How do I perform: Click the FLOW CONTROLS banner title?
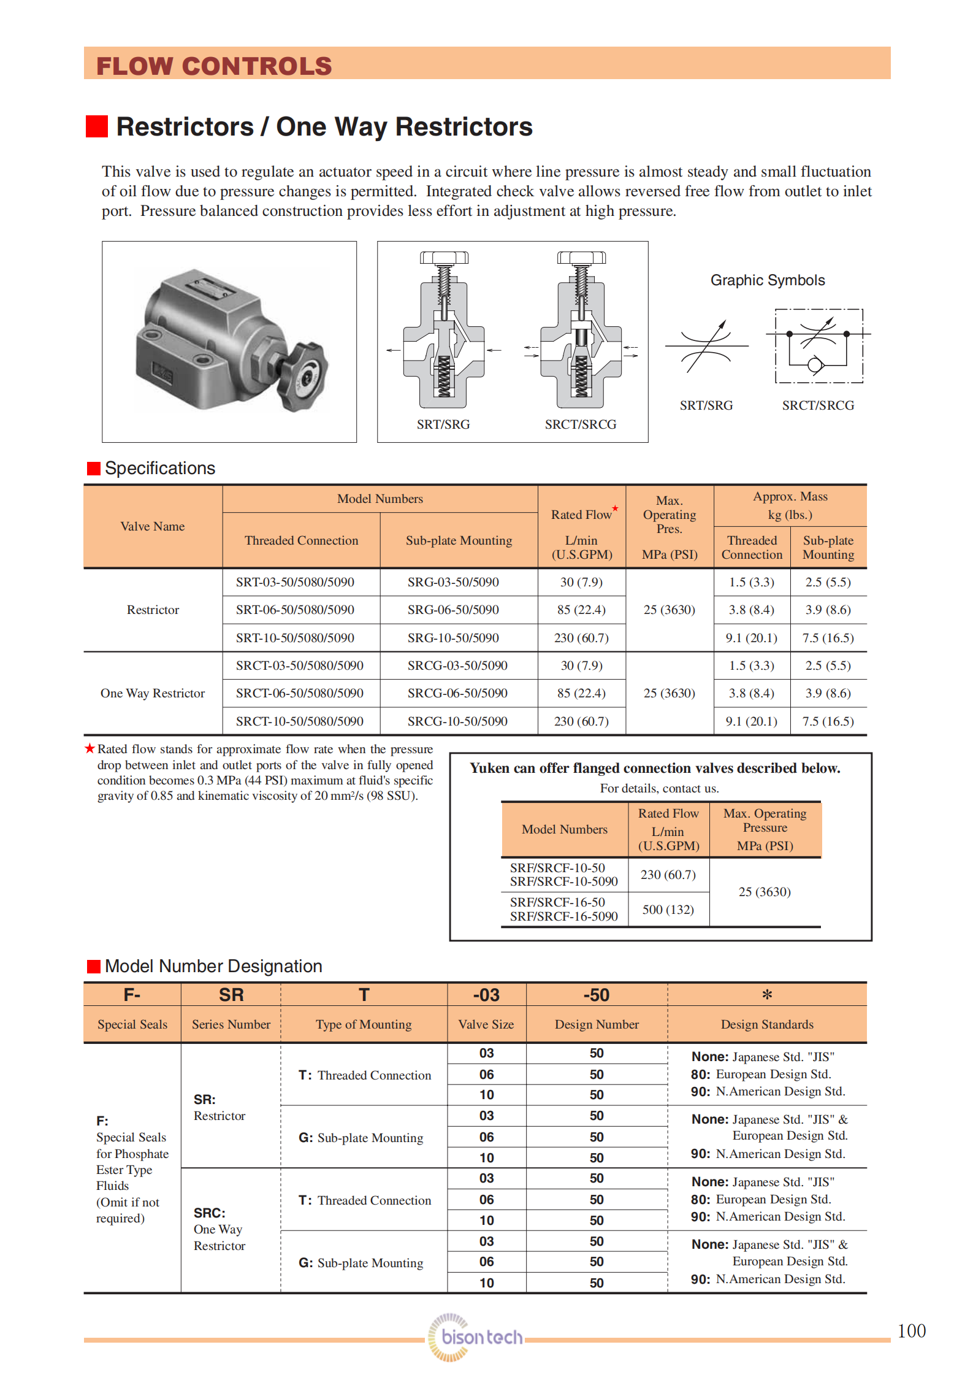click(214, 66)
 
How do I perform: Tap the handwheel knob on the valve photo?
click(303, 377)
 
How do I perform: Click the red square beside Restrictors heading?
click(97, 126)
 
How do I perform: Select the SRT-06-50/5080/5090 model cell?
click(295, 610)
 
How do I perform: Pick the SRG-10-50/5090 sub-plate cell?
click(453, 638)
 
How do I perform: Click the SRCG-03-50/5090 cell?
click(457, 665)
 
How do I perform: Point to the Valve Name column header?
click(153, 526)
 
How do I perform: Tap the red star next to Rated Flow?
click(615, 508)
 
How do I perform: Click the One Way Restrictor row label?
click(153, 693)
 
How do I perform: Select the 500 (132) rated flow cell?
click(668, 910)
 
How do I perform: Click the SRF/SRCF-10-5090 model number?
click(563, 881)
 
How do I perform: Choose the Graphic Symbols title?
click(768, 280)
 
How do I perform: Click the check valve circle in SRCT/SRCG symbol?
click(815, 366)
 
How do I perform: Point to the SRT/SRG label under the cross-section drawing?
click(443, 424)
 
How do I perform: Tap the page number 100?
click(911, 1331)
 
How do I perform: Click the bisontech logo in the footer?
click(475, 1337)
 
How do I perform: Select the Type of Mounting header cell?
click(364, 1024)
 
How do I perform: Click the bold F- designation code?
click(132, 994)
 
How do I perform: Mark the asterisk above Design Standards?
click(767, 995)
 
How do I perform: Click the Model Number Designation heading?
click(213, 966)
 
